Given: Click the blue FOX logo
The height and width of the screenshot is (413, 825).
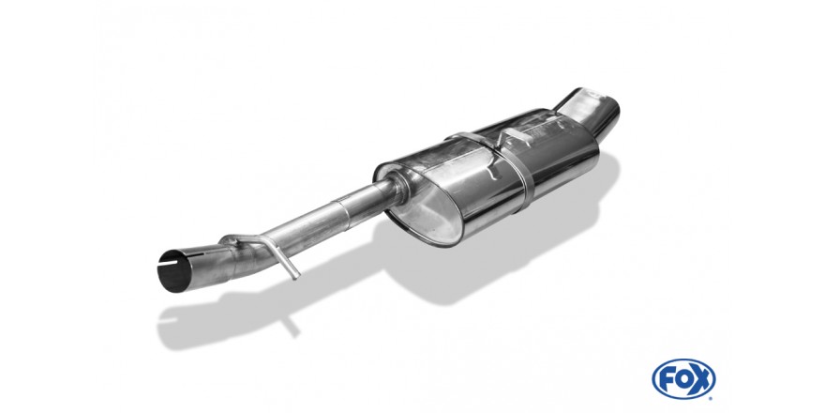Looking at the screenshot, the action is [x=683, y=378].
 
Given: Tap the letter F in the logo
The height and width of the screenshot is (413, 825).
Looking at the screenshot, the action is [x=666, y=379].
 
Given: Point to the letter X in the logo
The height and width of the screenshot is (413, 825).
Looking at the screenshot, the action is [x=701, y=379].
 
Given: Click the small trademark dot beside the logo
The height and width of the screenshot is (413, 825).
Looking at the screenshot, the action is [x=712, y=397].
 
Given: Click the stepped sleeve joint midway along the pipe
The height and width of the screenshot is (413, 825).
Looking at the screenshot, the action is [x=342, y=207].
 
